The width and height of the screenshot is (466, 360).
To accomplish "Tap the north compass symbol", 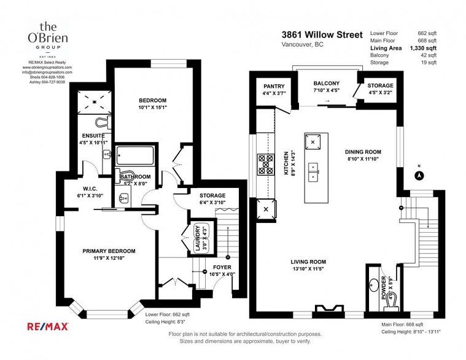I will pyautogui.click(x=419, y=175).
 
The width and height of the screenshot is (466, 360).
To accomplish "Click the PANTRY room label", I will pyautogui.click(x=274, y=87).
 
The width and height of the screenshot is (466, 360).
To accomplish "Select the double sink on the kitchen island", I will pyautogui.click(x=313, y=172).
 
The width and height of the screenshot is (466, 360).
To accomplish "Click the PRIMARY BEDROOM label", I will pyautogui.click(x=109, y=251).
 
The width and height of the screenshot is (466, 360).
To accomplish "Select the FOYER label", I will pyautogui.click(x=222, y=267).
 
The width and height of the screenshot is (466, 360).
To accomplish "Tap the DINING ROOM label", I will pyautogui.click(x=362, y=152).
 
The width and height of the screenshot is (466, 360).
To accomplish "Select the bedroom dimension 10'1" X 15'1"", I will pyautogui.click(x=152, y=108).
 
